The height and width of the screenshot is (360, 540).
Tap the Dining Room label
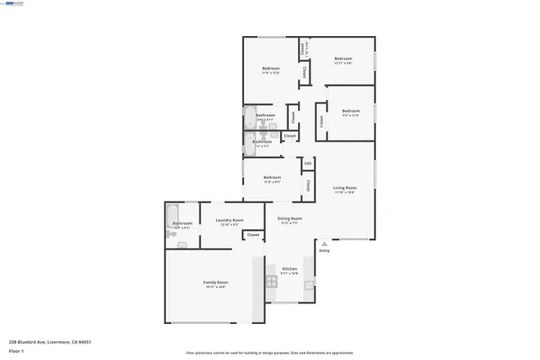[289, 219]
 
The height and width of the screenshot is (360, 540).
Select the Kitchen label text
[290, 269]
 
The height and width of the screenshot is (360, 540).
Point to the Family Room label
[215, 283]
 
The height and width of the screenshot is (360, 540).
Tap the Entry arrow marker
[324, 242]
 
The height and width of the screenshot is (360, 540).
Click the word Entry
[324, 250]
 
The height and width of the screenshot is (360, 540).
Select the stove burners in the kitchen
[270, 282]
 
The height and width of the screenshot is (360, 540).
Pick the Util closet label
[307, 163]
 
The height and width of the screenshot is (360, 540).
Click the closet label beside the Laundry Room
[253, 235]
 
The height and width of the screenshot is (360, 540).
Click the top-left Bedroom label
[270, 68]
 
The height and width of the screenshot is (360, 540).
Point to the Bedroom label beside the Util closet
[271, 177]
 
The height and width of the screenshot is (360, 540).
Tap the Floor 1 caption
[15, 350]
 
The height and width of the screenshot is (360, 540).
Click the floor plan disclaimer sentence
[270, 353]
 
